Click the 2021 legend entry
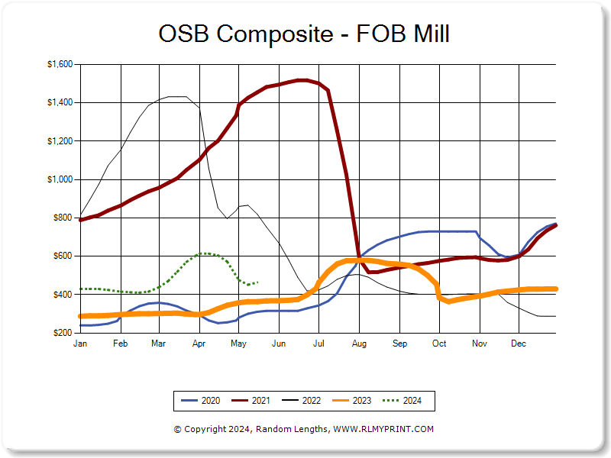tap(251, 400)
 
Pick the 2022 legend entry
tap(302, 400)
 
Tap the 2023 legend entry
tap(352, 400)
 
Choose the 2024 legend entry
tap(403, 400)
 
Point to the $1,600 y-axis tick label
tap(60, 64)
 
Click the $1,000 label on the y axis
tap(60, 179)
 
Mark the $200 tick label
tap(63, 333)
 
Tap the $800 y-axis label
tap(63, 218)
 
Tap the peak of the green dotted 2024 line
tap(204, 253)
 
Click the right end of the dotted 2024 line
tap(257, 282)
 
